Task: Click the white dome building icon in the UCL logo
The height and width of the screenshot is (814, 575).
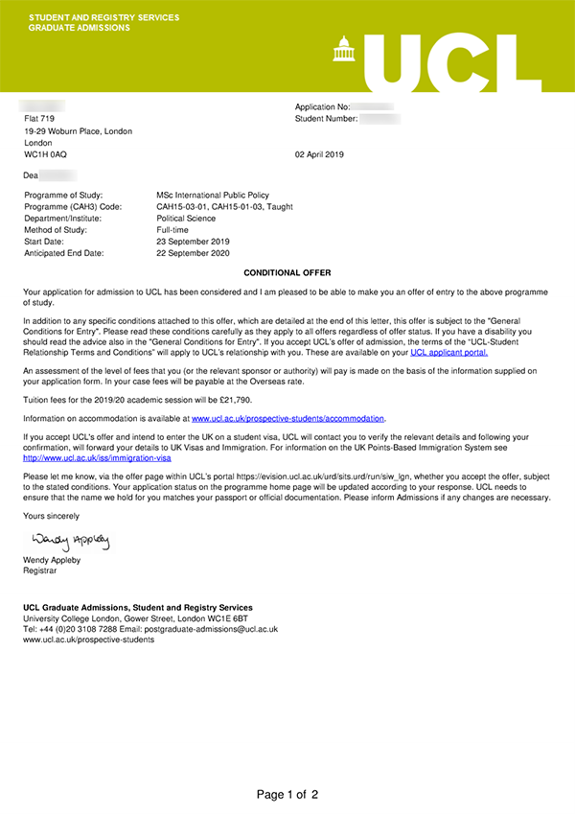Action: tap(342, 48)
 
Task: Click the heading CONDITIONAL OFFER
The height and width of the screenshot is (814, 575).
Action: tap(287, 273)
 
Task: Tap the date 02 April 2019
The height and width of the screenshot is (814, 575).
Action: tap(319, 154)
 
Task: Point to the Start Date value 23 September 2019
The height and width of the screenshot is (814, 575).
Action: tap(193, 242)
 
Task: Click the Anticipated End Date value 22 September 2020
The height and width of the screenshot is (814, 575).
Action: tap(193, 253)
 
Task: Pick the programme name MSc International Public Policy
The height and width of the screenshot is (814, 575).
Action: tap(213, 196)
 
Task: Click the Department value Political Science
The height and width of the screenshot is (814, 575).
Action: tap(187, 219)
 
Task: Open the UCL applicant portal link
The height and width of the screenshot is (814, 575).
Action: tap(448, 353)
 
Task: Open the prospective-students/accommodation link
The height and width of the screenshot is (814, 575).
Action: tap(288, 419)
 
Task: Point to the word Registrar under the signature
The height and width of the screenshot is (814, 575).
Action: tap(40, 570)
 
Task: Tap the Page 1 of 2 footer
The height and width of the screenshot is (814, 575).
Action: tap(287, 794)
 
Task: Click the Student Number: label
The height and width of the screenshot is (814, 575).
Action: tap(327, 119)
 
